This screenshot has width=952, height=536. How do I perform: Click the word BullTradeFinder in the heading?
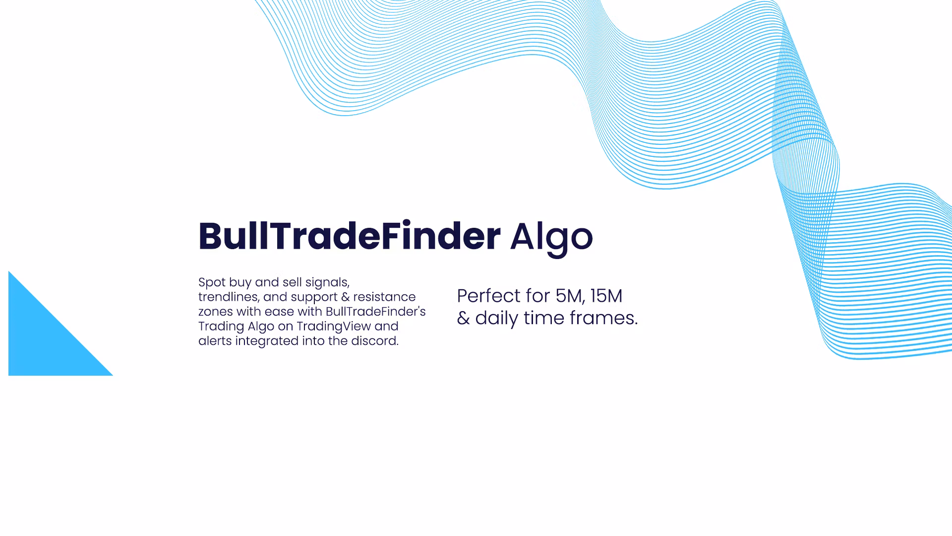click(350, 236)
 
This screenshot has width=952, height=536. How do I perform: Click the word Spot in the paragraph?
click(212, 283)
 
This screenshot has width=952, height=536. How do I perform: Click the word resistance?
click(384, 297)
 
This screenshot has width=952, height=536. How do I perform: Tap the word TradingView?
click(334, 327)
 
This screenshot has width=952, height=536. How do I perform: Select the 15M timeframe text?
click(606, 296)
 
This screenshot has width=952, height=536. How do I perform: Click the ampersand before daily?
click(463, 319)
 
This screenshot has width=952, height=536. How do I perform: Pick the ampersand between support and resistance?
click(345, 297)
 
